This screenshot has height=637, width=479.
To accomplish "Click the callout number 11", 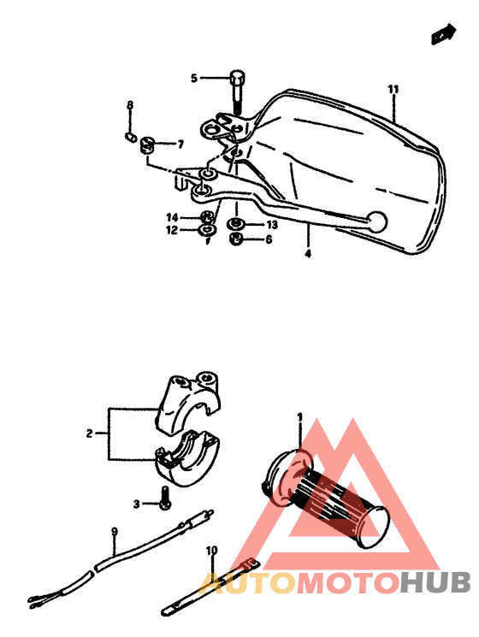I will pyautogui.click(x=393, y=90).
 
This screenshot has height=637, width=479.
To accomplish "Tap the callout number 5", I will pyautogui.click(x=194, y=79).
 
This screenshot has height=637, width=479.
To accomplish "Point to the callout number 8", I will pyautogui.click(x=131, y=105).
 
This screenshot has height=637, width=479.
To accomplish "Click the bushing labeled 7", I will pyautogui.click(x=146, y=143).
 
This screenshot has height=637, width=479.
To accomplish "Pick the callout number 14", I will pyautogui.click(x=171, y=217).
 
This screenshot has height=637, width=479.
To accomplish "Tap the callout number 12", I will pyautogui.click(x=171, y=230).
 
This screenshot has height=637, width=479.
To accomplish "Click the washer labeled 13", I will pyautogui.click(x=236, y=225).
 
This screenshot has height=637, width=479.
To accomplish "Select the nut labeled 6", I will pyautogui.click(x=236, y=239).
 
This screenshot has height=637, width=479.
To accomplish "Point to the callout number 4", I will pyautogui.click(x=307, y=253).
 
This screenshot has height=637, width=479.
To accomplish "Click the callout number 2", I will pyautogui.click(x=89, y=434).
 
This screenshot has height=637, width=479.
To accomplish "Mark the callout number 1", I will pyautogui.click(x=300, y=416).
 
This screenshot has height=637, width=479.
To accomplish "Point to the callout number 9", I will pyautogui.click(x=114, y=532).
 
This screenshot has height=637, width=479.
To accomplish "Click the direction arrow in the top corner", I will pyautogui.click(x=441, y=35).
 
